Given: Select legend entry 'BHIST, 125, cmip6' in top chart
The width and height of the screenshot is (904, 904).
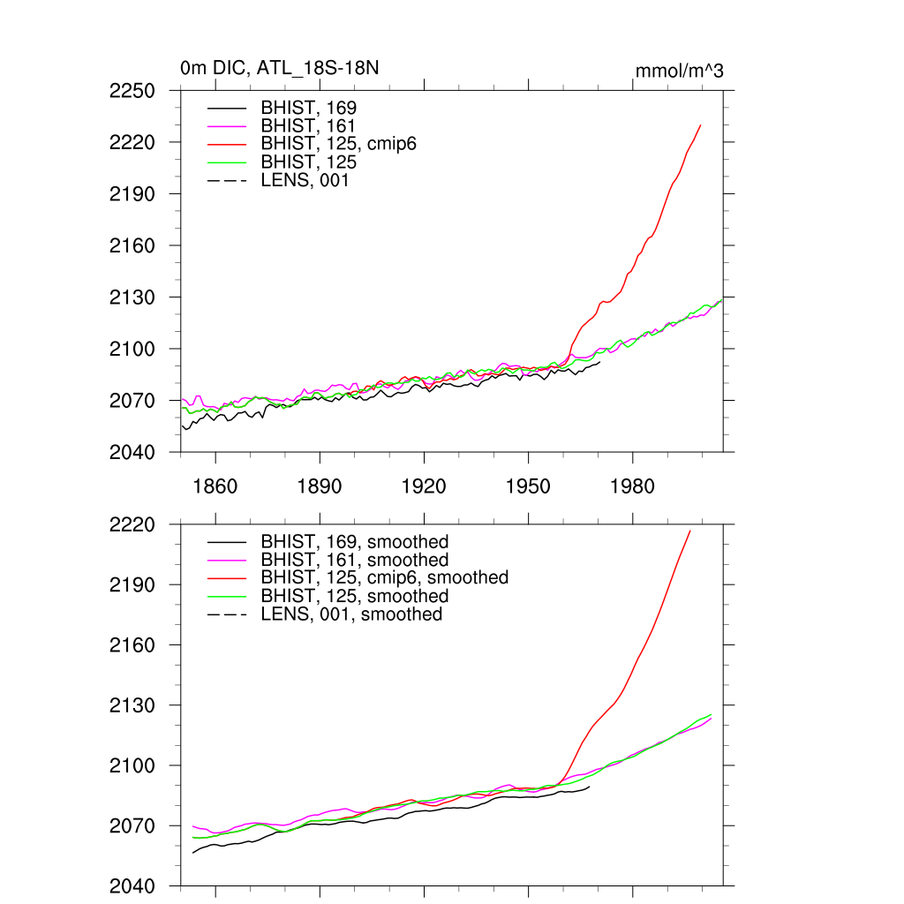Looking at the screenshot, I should [x=338, y=144].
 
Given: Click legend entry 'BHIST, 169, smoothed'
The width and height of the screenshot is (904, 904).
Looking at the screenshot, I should [x=354, y=542].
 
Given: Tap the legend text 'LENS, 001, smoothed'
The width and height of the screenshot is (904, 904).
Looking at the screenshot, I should [x=351, y=614].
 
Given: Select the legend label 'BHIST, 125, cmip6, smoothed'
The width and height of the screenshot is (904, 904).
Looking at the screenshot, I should [x=384, y=577].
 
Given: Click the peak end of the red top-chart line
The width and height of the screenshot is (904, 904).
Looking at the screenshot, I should [x=700, y=125].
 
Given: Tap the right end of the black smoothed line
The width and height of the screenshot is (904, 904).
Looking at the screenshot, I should [x=589, y=787].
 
